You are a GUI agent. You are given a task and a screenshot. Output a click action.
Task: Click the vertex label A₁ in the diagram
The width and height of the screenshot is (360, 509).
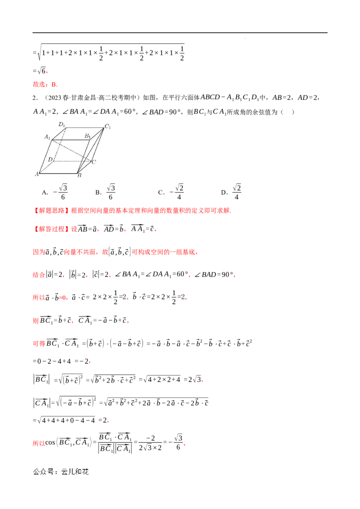[47, 137]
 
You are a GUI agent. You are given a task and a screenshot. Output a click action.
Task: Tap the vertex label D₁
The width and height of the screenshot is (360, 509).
[62, 124]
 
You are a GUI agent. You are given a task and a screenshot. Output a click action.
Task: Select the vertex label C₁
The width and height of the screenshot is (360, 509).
[108, 126]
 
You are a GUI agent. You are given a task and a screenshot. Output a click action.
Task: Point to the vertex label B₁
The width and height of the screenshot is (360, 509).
[88, 136]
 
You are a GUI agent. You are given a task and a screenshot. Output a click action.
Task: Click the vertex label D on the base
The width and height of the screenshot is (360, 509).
[50, 159]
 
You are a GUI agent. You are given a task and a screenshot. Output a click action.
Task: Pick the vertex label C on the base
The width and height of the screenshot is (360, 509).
[94, 162]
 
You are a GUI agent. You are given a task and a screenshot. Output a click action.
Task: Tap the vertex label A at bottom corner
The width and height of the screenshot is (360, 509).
[36, 174]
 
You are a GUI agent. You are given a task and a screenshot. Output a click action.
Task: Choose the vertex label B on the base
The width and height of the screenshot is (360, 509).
[79, 176]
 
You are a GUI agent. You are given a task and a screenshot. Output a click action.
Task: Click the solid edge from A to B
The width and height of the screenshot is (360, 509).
[58, 172]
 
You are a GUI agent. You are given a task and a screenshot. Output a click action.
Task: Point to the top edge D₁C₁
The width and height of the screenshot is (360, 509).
[85, 128]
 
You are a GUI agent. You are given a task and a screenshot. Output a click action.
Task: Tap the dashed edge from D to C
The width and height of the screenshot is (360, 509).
[72, 161]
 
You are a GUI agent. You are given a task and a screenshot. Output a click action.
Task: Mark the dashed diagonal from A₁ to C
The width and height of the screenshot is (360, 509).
[72, 150]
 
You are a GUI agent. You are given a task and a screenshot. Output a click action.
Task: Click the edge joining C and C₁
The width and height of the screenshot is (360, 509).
[98, 144]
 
